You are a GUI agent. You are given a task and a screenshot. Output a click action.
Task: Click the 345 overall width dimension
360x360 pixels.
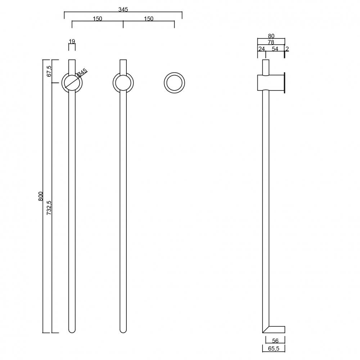(x=123, y=9)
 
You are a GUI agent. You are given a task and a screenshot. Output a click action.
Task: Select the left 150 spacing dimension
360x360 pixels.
(x=98, y=19)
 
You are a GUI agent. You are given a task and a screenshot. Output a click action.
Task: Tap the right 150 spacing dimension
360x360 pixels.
(x=149, y=19)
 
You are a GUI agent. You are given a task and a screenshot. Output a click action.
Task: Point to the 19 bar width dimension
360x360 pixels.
(x=72, y=41)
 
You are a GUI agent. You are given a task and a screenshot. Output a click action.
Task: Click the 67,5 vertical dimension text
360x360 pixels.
(x=49, y=71)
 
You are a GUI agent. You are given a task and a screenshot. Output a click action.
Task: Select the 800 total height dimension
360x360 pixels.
(x=41, y=196)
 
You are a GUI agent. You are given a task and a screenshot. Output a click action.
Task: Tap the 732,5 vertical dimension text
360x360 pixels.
(x=49, y=208)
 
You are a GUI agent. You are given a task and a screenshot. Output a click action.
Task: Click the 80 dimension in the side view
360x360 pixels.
(x=271, y=36)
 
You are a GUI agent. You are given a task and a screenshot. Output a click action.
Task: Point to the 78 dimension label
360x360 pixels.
(x=271, y=42)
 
